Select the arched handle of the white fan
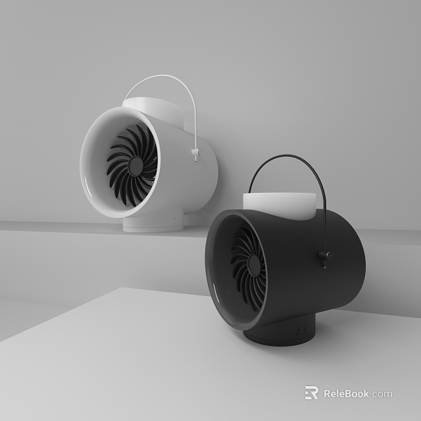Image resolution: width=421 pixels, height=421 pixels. [x=164, y=82]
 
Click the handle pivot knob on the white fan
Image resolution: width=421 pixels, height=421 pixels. [x=195, y=155]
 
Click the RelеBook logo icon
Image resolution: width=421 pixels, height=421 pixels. [x=311, y=393]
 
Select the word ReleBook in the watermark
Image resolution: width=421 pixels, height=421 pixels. [x=346, y=394]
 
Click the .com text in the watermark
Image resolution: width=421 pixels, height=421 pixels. [x=382, y=394]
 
